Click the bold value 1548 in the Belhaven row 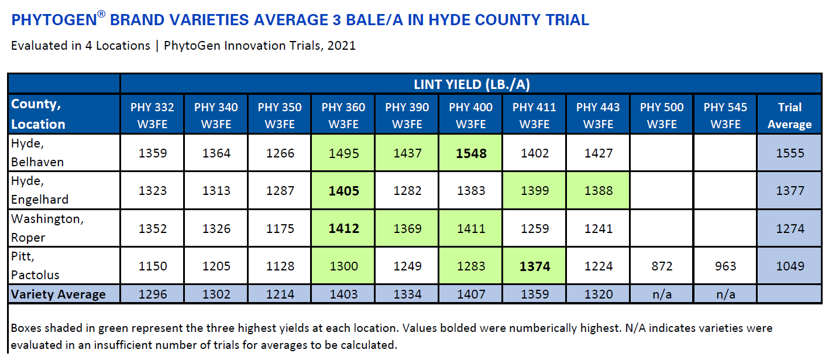coord(471,153)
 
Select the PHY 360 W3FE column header coord(343,115)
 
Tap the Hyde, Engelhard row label coord(40,190)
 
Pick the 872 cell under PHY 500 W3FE coord(662,266)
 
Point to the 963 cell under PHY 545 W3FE coord(725,266)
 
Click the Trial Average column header coord(789,115)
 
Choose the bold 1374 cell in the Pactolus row coord(535,266)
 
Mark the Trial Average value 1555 coord(790,153)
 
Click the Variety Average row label coord(58,294)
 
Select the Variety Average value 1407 coord(471,294)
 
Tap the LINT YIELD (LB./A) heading coord(472,84)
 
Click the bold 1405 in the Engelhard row coord(343,191)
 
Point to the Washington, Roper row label coord(47,228)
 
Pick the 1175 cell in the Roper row coord(280,228)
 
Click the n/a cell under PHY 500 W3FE coord(662,294)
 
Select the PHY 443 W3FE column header coord(598,115)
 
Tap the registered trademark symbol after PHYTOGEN coord(101,14)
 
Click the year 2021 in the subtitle coord(341,45)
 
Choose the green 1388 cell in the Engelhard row coord(598,191)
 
